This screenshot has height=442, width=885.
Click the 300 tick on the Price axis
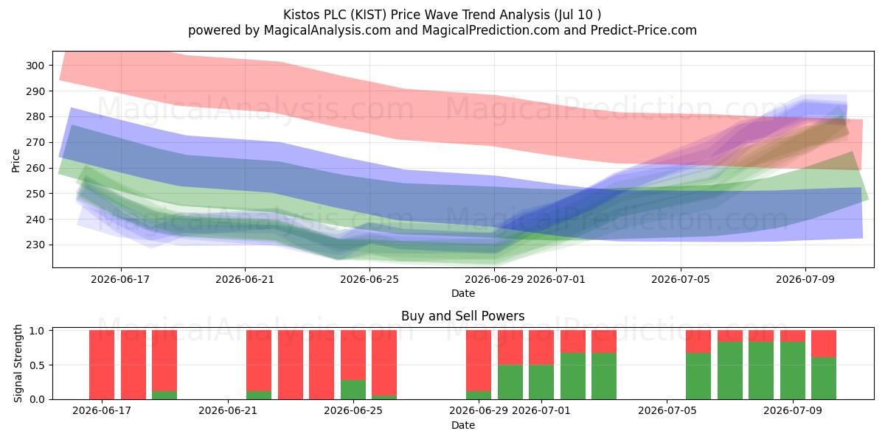coord(35,66)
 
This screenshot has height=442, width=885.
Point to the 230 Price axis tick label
coord(35,245)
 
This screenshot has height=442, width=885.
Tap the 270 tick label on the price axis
coord(35,142)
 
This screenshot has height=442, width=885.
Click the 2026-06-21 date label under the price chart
coord(245,279)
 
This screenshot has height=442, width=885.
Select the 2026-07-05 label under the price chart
coord(680,279)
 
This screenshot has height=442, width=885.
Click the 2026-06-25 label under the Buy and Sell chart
coord(353,410)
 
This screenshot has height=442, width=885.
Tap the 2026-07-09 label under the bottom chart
coord(793,410)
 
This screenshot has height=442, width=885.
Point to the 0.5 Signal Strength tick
coord(37,365)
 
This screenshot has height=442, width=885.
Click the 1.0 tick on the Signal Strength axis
coord(37,330)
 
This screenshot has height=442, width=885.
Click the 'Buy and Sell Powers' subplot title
coord(462,316)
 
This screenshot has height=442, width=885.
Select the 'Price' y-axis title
coord(15,161)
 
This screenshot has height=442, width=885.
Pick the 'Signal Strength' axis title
coord(18,363)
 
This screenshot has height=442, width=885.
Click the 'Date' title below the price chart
coord(463,293)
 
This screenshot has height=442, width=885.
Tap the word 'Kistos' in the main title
coord(302,15)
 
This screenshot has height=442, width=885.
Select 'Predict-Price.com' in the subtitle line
coord(644,30)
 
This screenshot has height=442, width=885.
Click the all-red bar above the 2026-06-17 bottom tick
coord(102,365)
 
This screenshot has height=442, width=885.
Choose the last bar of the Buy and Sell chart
coord(824,365)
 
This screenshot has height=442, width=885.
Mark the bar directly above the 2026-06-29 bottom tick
coord(479,365)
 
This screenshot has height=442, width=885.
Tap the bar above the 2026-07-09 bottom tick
coord(793,365)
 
